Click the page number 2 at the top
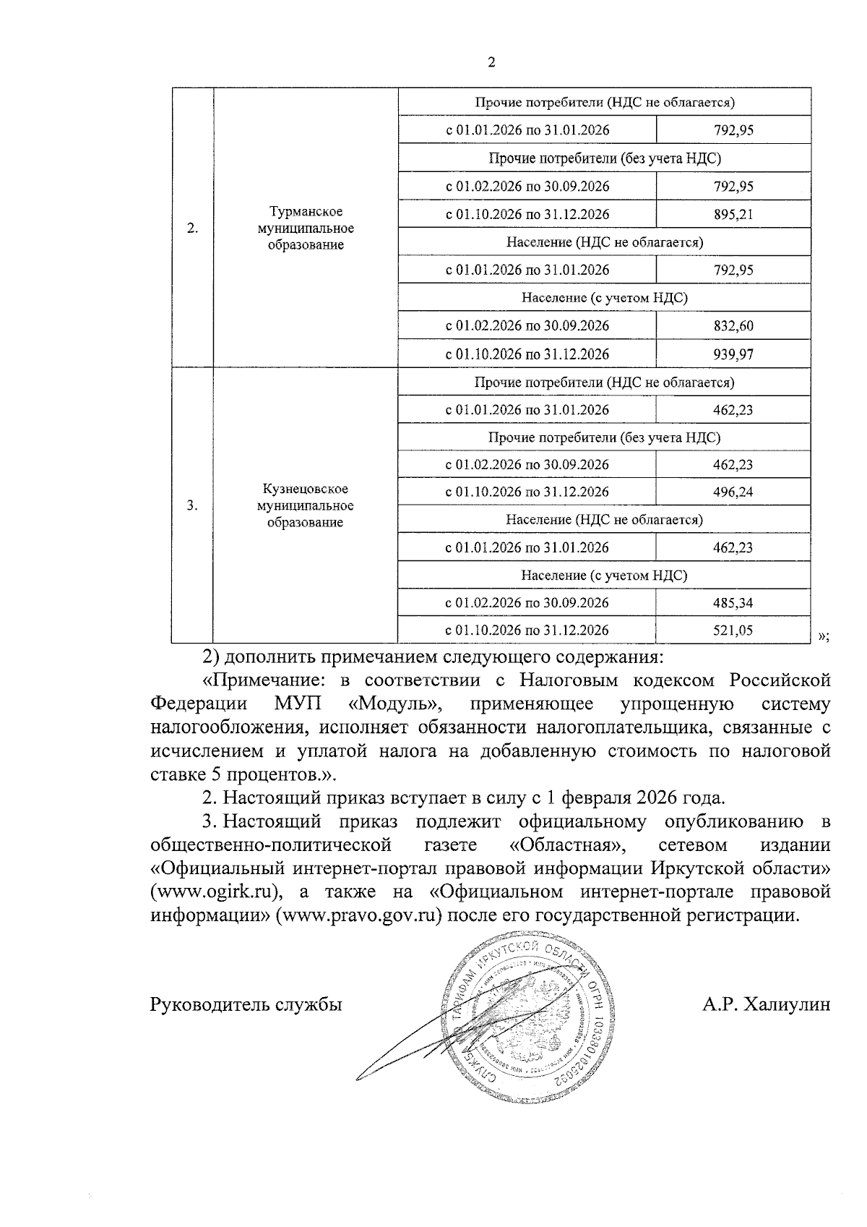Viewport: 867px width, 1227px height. pyautogui.click(x=491, y=63)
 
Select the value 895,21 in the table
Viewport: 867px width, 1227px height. pyautogui.click(x=733, y=215)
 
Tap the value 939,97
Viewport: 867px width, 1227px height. pyautogui.click(x=733, y=354)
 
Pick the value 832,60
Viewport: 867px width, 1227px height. pyautogui.click(x=733, y=326)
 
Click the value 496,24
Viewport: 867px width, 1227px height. pyautogui.click(x=733, y=492)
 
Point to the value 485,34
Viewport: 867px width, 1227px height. pyautogui.click(x=733, y=603)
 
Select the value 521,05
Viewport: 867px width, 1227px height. pyautogui.click(x=733, y=630)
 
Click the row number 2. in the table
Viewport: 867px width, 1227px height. pyautogui.click(x=192, y=228)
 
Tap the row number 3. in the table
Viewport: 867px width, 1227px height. pyautogui.click(x=192, y=506)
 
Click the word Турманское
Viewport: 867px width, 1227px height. pyautogui.click(x=306, y=212)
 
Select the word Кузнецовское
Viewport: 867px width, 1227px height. pyautogui.click(x=306, y=490)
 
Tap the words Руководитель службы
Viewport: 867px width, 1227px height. pyautogui.click(x=246, y=1004)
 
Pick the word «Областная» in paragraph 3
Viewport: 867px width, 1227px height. pyautogui.click(x=566, y=845)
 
